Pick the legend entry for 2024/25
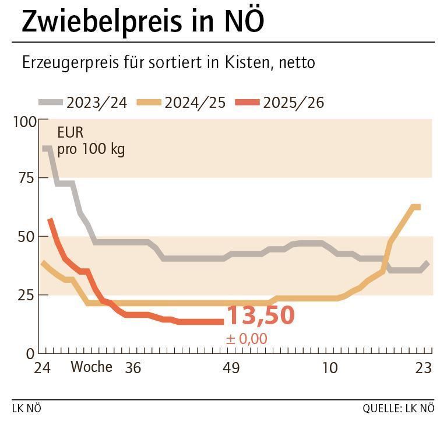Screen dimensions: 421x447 pos(181,103)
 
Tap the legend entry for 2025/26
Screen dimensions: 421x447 pos(280,103)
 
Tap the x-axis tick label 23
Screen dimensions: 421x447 pos(423,368)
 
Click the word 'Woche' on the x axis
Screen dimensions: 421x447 pos(91,367)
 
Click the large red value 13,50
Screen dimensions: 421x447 pos(260,315)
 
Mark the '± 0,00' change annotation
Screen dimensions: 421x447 pos(247,338)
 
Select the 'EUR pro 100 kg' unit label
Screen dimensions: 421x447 pos(90,141)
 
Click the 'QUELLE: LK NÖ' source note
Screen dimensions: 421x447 pos(398,408)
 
